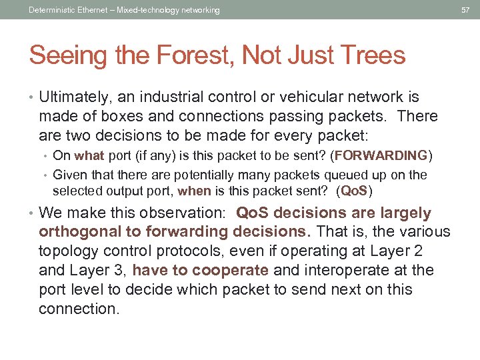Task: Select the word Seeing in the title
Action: coord(67,55)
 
